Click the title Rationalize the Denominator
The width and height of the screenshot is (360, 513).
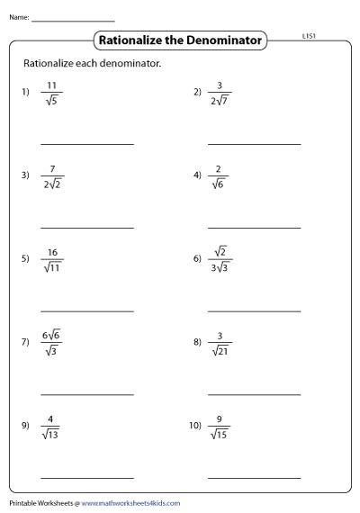pos(181,40)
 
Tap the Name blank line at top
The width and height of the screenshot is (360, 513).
pos(73,20)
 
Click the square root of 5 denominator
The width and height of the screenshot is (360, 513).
pos(52,100)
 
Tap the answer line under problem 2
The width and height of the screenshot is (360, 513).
pos(254,143)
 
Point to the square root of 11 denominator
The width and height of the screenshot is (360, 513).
pos(52,267)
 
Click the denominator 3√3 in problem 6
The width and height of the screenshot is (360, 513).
pos(220,267)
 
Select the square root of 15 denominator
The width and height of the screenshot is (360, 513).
pos(220,435)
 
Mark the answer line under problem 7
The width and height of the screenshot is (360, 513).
pos(87,394)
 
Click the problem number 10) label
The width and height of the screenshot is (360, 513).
pos(196,426)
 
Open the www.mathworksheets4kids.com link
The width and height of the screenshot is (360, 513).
pos(132,503)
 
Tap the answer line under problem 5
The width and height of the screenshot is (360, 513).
pos(87,310)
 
